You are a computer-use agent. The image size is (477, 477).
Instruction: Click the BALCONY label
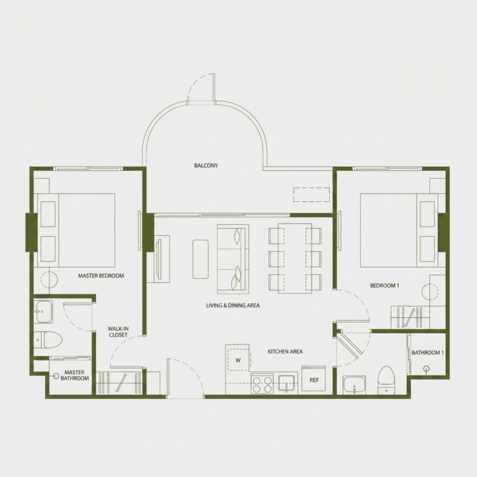coord(206,166)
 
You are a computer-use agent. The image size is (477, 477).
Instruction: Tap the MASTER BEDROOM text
coord(101,276)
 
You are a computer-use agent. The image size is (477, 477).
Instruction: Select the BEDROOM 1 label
coord(384,286)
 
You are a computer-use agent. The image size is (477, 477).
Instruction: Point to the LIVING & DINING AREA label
coord(233,305)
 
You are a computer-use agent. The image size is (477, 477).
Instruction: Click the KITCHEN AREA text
coord(285,351)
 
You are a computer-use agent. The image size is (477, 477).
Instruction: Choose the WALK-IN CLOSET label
coord(118,332)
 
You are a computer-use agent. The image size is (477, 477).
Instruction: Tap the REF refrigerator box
coord(313,380)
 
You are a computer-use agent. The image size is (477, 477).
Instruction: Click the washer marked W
coord(238,360)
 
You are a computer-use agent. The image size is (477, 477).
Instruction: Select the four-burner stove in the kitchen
coord(262,384)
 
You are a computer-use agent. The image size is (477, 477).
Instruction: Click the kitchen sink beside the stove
coord(287,383)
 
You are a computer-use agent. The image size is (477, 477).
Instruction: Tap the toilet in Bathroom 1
coord(386,380)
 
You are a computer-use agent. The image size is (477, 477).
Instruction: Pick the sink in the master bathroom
coord(44,311)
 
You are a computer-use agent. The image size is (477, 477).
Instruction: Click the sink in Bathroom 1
coord(354,385)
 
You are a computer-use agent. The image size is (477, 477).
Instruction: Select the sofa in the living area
coord(233,259)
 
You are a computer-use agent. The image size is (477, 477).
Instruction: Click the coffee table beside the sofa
coord(201,259)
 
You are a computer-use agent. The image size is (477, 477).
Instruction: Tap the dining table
coord(295,258)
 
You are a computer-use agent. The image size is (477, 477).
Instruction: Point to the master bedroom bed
coord(76,231)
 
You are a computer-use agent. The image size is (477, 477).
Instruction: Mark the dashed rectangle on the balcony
coord(311,195)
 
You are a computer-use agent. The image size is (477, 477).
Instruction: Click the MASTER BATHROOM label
coord(74,376)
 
